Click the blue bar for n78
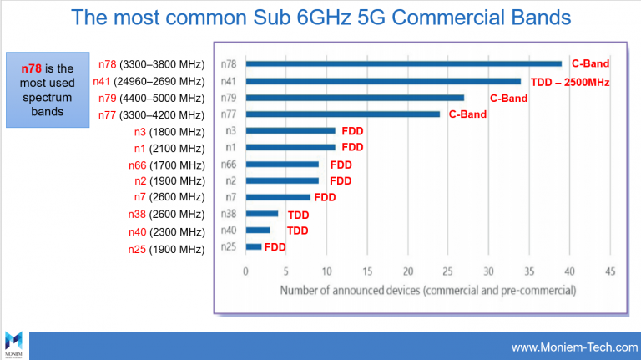pos(404,63)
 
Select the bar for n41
pos(384,81)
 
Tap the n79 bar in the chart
pos(355,98)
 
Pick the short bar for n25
pos(254,246)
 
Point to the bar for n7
pos(278,197)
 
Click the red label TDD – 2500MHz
pos(570,82)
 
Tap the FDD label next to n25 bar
pos(275,247)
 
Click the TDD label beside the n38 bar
pos(298,215)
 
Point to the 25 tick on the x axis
pos(448,271)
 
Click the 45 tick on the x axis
pos(611,271)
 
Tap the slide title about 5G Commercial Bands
pos(320,18)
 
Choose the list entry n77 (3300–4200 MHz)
pos(150,114)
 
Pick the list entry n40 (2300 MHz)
pos(166,231)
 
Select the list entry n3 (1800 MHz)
pos(169,131)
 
